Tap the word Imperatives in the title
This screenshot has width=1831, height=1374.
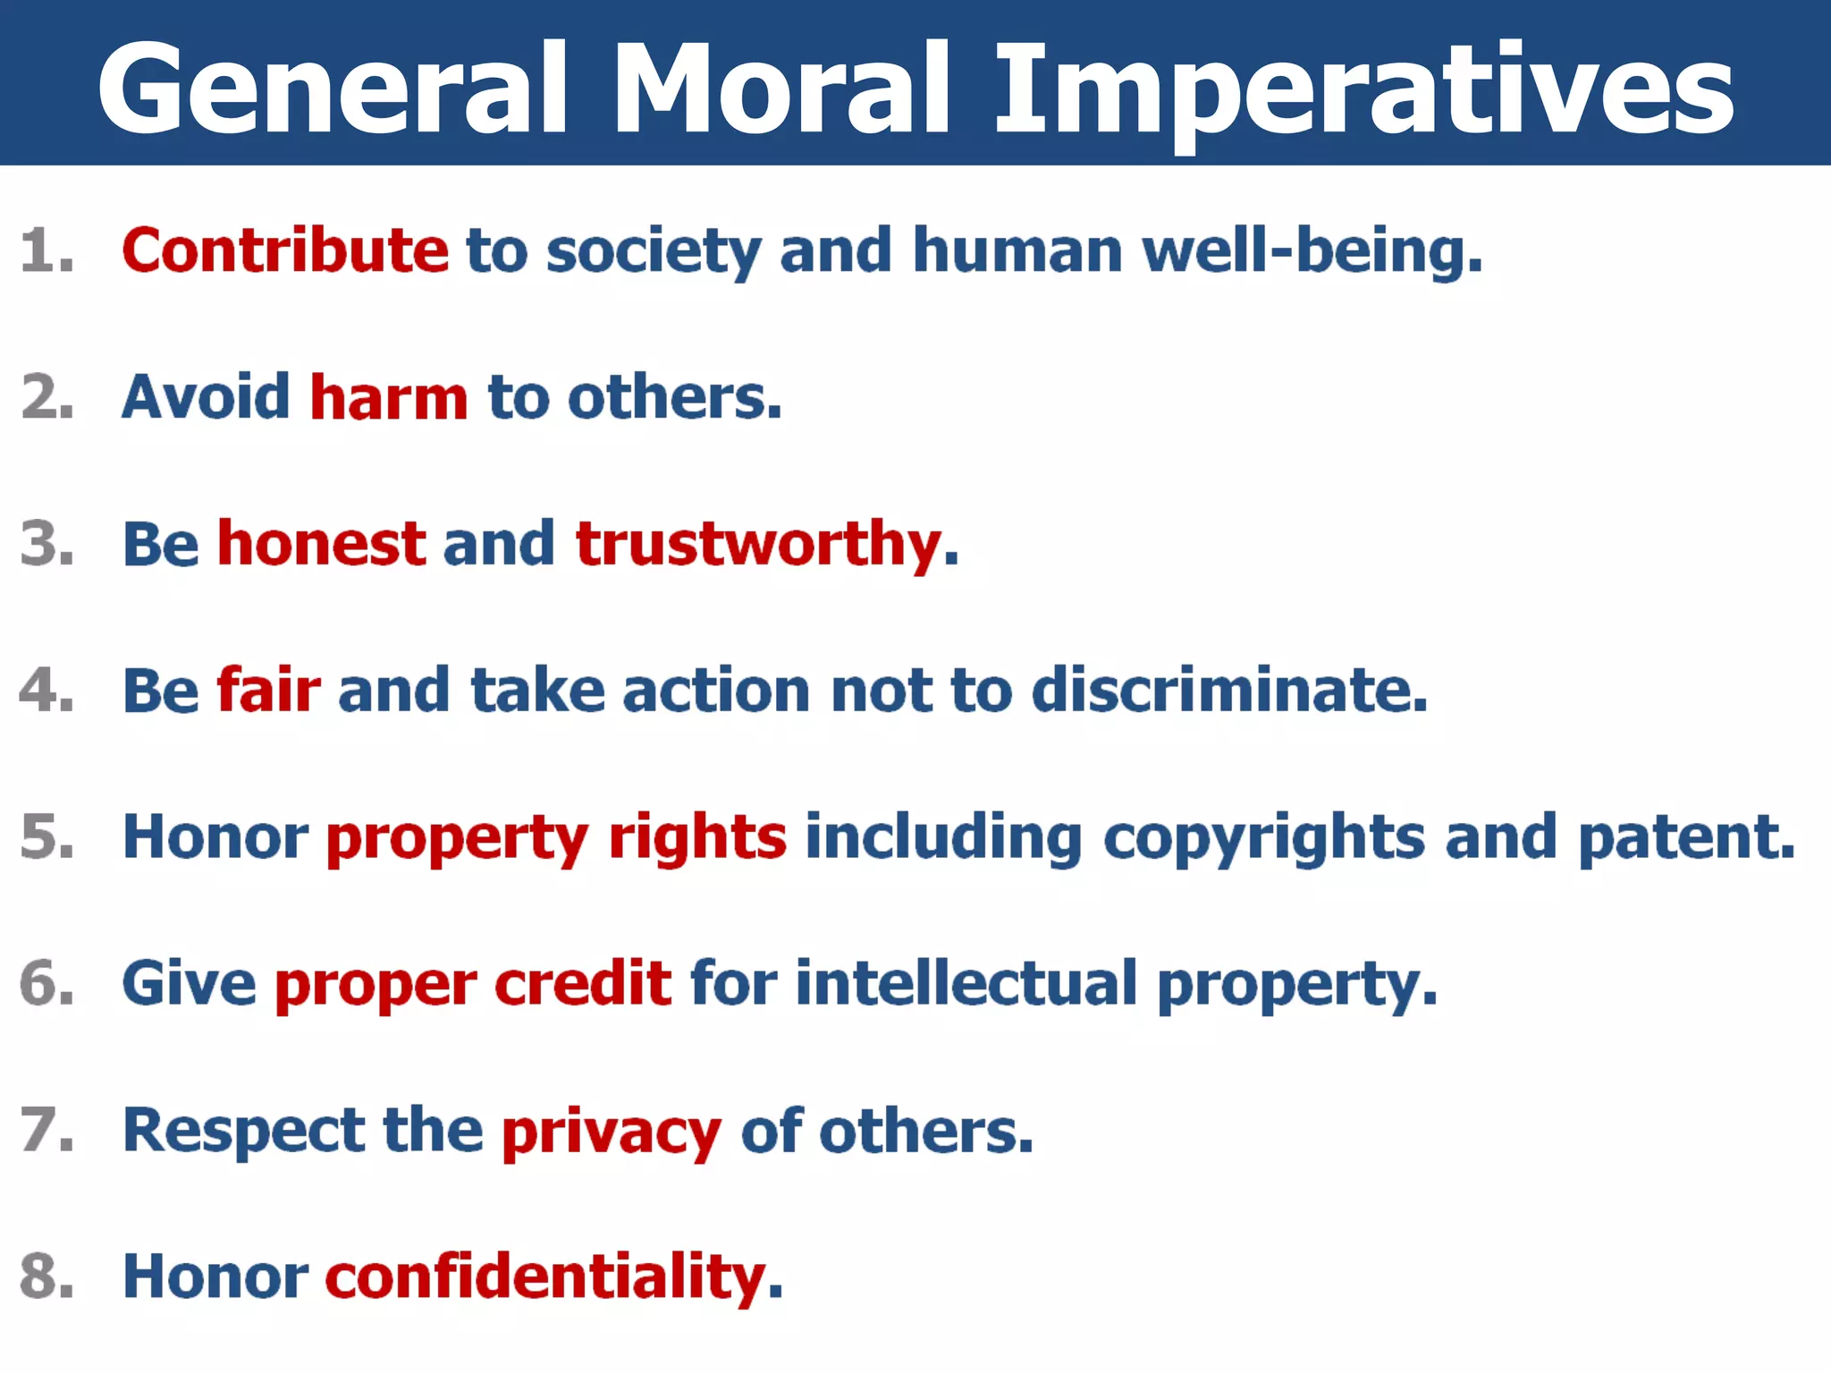[x=1364, y=89]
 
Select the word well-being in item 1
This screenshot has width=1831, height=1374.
[x=1312, y=251]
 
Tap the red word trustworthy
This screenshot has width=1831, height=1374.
[x=759, y=545]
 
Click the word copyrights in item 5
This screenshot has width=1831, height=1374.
[x=1263, y=839]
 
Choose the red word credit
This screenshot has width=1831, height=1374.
[x=583, y=983]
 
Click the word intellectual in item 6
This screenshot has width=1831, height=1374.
[x=966, y=983]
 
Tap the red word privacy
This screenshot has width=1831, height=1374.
[x=611, y=1132]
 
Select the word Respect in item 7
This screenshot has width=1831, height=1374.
[x=243, y=1132]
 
